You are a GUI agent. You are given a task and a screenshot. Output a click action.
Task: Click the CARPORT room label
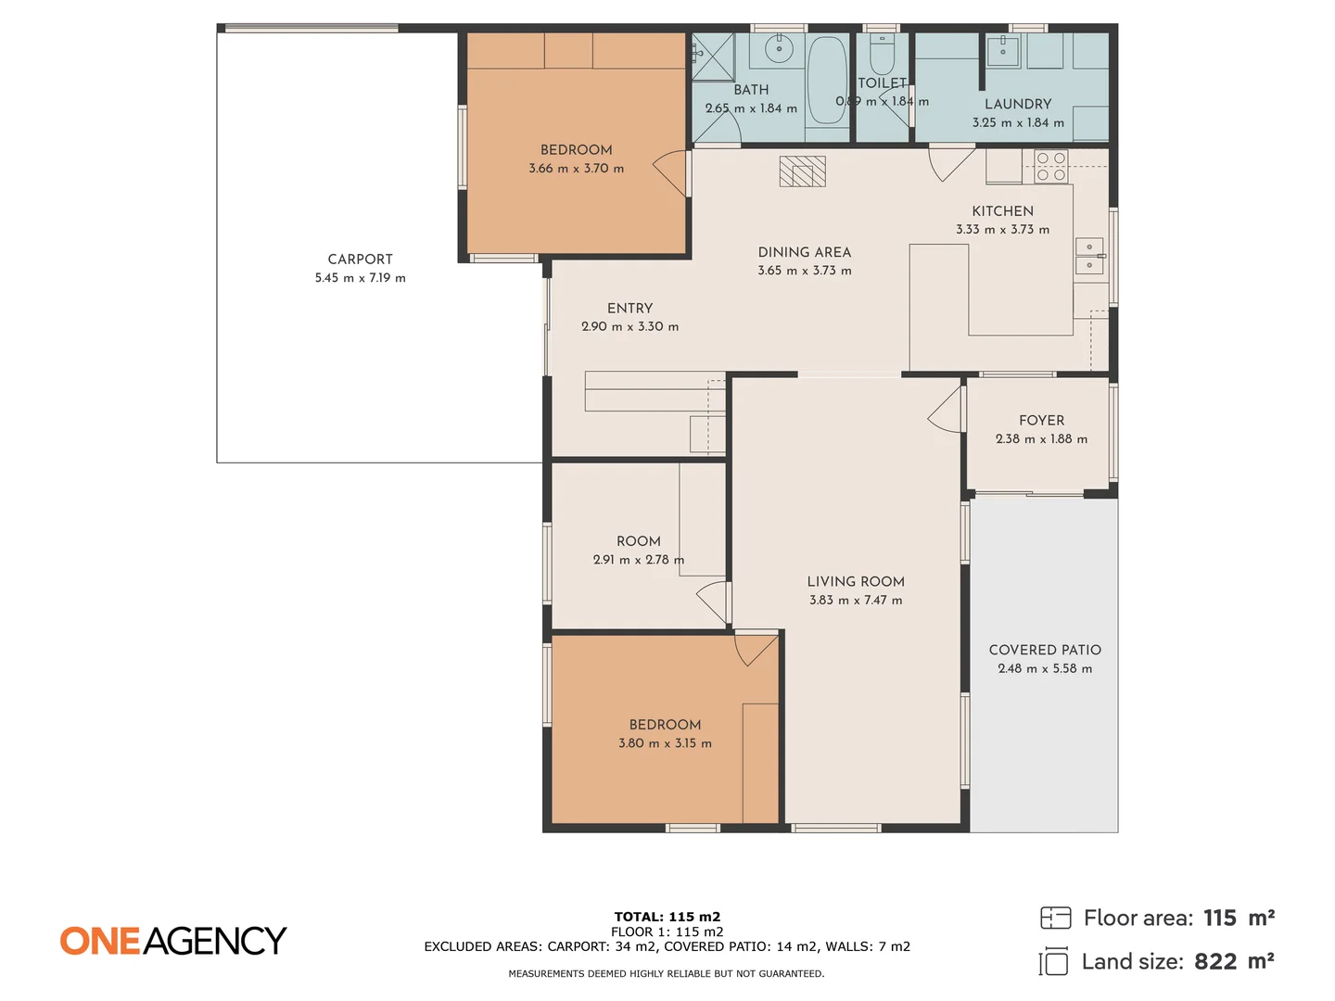pos(360,260)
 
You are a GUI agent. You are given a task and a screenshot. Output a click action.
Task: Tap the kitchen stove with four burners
pos(1050,167)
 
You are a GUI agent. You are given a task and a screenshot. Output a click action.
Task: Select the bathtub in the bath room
pos(826,81)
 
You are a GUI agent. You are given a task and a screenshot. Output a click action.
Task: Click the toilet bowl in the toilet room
pos(882,57)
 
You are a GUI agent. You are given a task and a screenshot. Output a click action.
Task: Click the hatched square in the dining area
pos(802,171)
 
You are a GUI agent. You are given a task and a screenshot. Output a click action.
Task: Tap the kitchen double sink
pos(1089,257)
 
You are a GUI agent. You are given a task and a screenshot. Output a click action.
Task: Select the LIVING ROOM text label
pos(855,582)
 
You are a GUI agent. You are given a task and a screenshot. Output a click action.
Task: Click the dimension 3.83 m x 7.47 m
pos(855,601)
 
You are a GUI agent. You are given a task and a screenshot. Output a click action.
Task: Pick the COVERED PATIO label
pos(1045,651)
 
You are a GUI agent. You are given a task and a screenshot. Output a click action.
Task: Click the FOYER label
pos(1041,421)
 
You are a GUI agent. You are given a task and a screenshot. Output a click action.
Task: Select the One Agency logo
pos(173,941)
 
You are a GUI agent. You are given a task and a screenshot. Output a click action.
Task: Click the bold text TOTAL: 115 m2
pos(667,917)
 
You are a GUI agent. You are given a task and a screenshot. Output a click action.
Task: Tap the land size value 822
pos(1214,962)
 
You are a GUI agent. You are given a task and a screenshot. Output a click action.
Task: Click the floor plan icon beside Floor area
pos(1055,918)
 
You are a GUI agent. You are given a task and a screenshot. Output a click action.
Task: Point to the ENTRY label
pos(629,309)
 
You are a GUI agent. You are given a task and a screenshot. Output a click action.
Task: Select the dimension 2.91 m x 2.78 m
pos(638,560)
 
